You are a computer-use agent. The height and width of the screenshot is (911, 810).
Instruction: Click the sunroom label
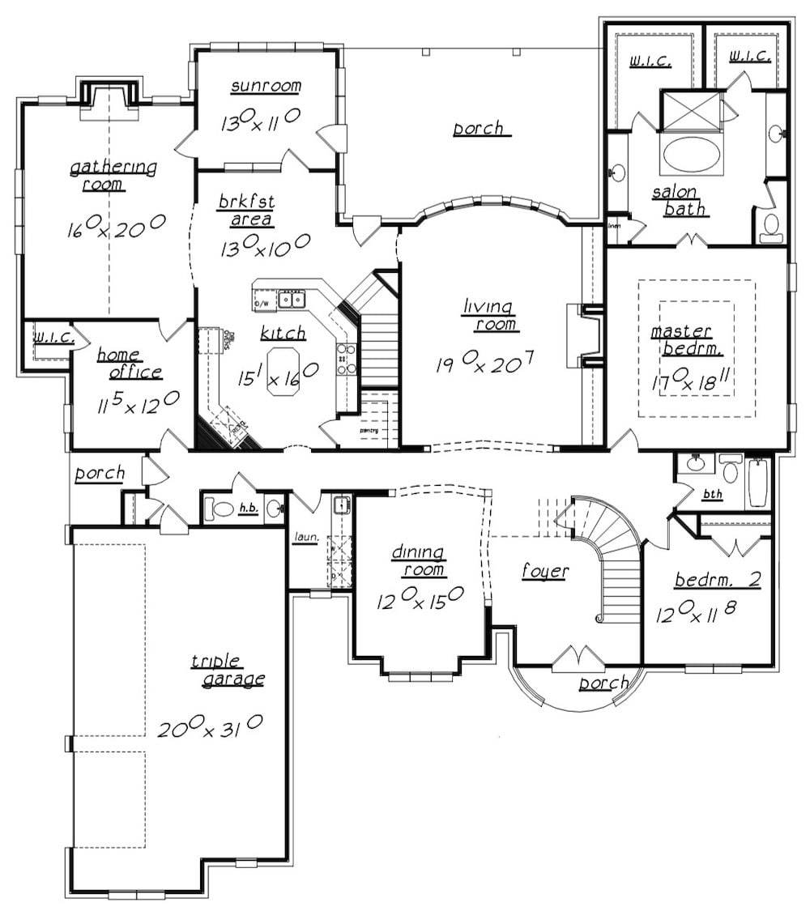click(x=265, y=87)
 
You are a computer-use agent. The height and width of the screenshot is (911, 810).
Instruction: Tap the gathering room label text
click(x=113, y=176)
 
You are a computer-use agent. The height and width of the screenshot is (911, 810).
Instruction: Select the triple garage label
click(x=228, y=670)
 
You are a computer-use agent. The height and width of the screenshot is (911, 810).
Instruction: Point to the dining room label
click(x=418, y=561)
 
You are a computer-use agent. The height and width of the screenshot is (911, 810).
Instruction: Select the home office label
click(x=129, y=364)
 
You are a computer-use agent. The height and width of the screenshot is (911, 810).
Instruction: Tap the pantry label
click(x=369, y=430)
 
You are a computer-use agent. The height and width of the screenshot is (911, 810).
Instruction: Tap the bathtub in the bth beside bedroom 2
click(x=760, y=483)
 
